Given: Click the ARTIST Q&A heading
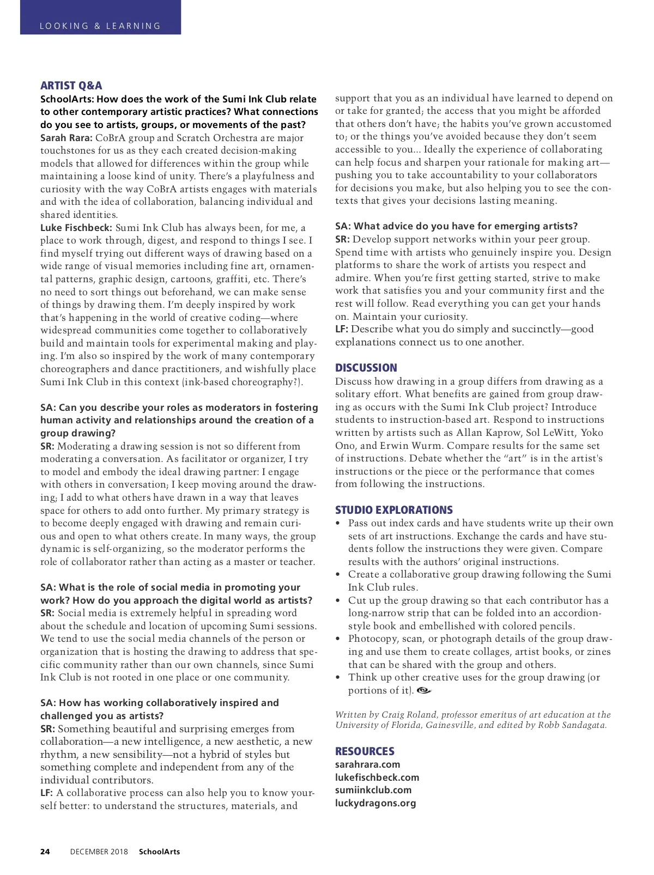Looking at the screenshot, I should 71,86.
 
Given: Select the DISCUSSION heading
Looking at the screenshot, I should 366,368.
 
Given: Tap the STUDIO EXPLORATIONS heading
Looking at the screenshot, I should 393,510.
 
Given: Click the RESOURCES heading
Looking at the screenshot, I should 364,751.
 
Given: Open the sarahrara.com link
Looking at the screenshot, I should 367,764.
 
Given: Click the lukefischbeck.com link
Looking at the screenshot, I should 377,777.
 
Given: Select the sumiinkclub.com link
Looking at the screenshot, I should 373,790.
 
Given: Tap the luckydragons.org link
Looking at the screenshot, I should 375,803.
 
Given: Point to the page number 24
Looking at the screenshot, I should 45,852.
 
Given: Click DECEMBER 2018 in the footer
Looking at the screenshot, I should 99,852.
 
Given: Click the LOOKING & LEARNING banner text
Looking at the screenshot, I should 100,26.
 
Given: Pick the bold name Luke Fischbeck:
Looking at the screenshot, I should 76,228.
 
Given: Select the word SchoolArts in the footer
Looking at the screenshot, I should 159,852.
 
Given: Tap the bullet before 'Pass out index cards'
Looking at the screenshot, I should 338,523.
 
